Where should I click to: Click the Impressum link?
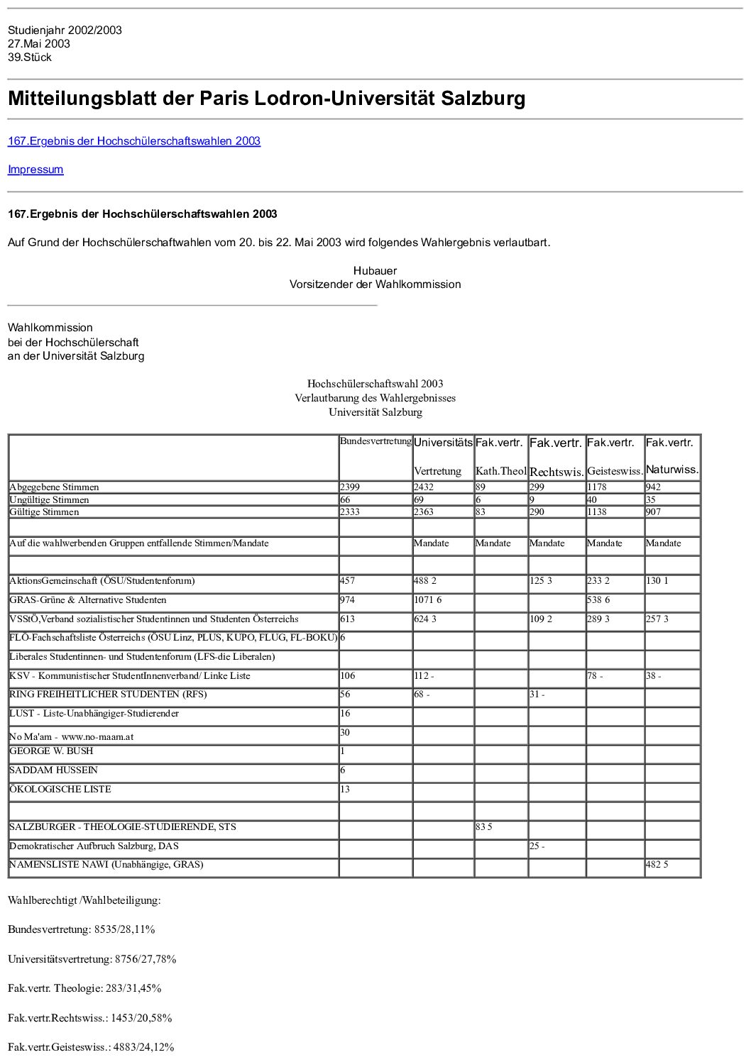pyautogui.click(x=35, y=170)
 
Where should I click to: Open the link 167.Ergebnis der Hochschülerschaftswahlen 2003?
pyautogui.click(x=134, y=141)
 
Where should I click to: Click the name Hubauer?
pyautogui.click(x=375, y=271)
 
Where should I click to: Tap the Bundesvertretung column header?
pyautogui.click(x=375, y=441)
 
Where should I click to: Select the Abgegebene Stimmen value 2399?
pyautogui.click(x=350, y=487)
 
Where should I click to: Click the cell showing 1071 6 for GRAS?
pyautogui.click(x=427, y=600)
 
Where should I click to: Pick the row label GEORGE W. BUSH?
pyautogui.click(x=51, y=751)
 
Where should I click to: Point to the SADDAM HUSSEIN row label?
pyautogui.click(x=53, y=770)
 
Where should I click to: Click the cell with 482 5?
pyautogui.click(x=657, y=865)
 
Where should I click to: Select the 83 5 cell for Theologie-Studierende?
pyautogui.click(x=484, y=827)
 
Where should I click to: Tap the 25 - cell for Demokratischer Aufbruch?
pyautogui.click(x=537, y=846)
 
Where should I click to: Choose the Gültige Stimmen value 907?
pyautogui.click(x=653, y=512)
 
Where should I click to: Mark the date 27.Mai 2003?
pyautogui.click(x=39, y=44)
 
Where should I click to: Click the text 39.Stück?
pyautogui.click(x=30, y=57)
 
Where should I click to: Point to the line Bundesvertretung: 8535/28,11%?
pyautogui.click(x=82, y=929)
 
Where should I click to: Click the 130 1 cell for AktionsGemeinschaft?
pyautogui.click(x=657, y=581)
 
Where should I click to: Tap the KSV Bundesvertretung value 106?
pyautogui.click(x=348, y=676)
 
